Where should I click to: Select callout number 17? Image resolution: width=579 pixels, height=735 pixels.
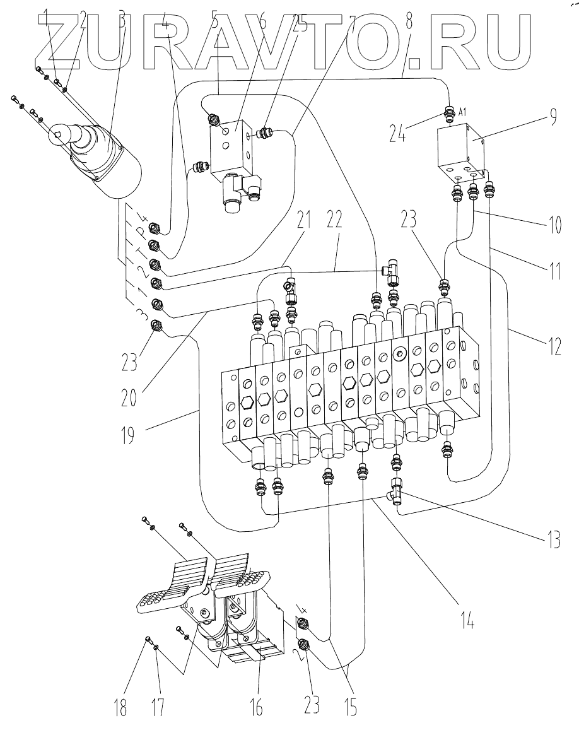click(x=158, y=708)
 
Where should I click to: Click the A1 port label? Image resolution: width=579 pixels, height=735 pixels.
click(x=463, y=112)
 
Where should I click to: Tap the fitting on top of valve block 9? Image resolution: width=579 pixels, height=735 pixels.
click(x=450, y=115)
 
